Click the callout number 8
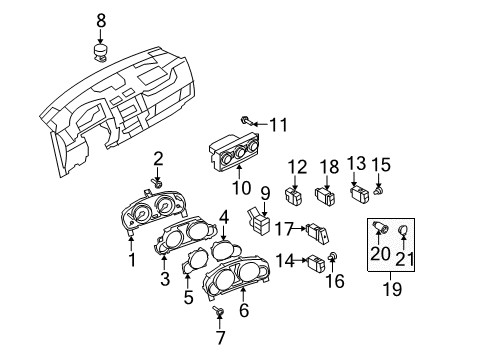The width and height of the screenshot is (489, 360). [101, 20]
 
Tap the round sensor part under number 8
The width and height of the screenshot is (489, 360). [101, 53]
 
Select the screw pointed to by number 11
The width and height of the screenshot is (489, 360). [247, 122]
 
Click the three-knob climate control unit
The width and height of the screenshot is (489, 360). [235, 151]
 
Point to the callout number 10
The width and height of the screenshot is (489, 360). [242, 188]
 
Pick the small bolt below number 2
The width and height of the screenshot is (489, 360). [157, 182]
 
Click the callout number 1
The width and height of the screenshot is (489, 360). [132, 260]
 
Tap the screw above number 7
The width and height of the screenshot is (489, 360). [218, 311]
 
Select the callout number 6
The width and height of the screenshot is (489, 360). [244, 310]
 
